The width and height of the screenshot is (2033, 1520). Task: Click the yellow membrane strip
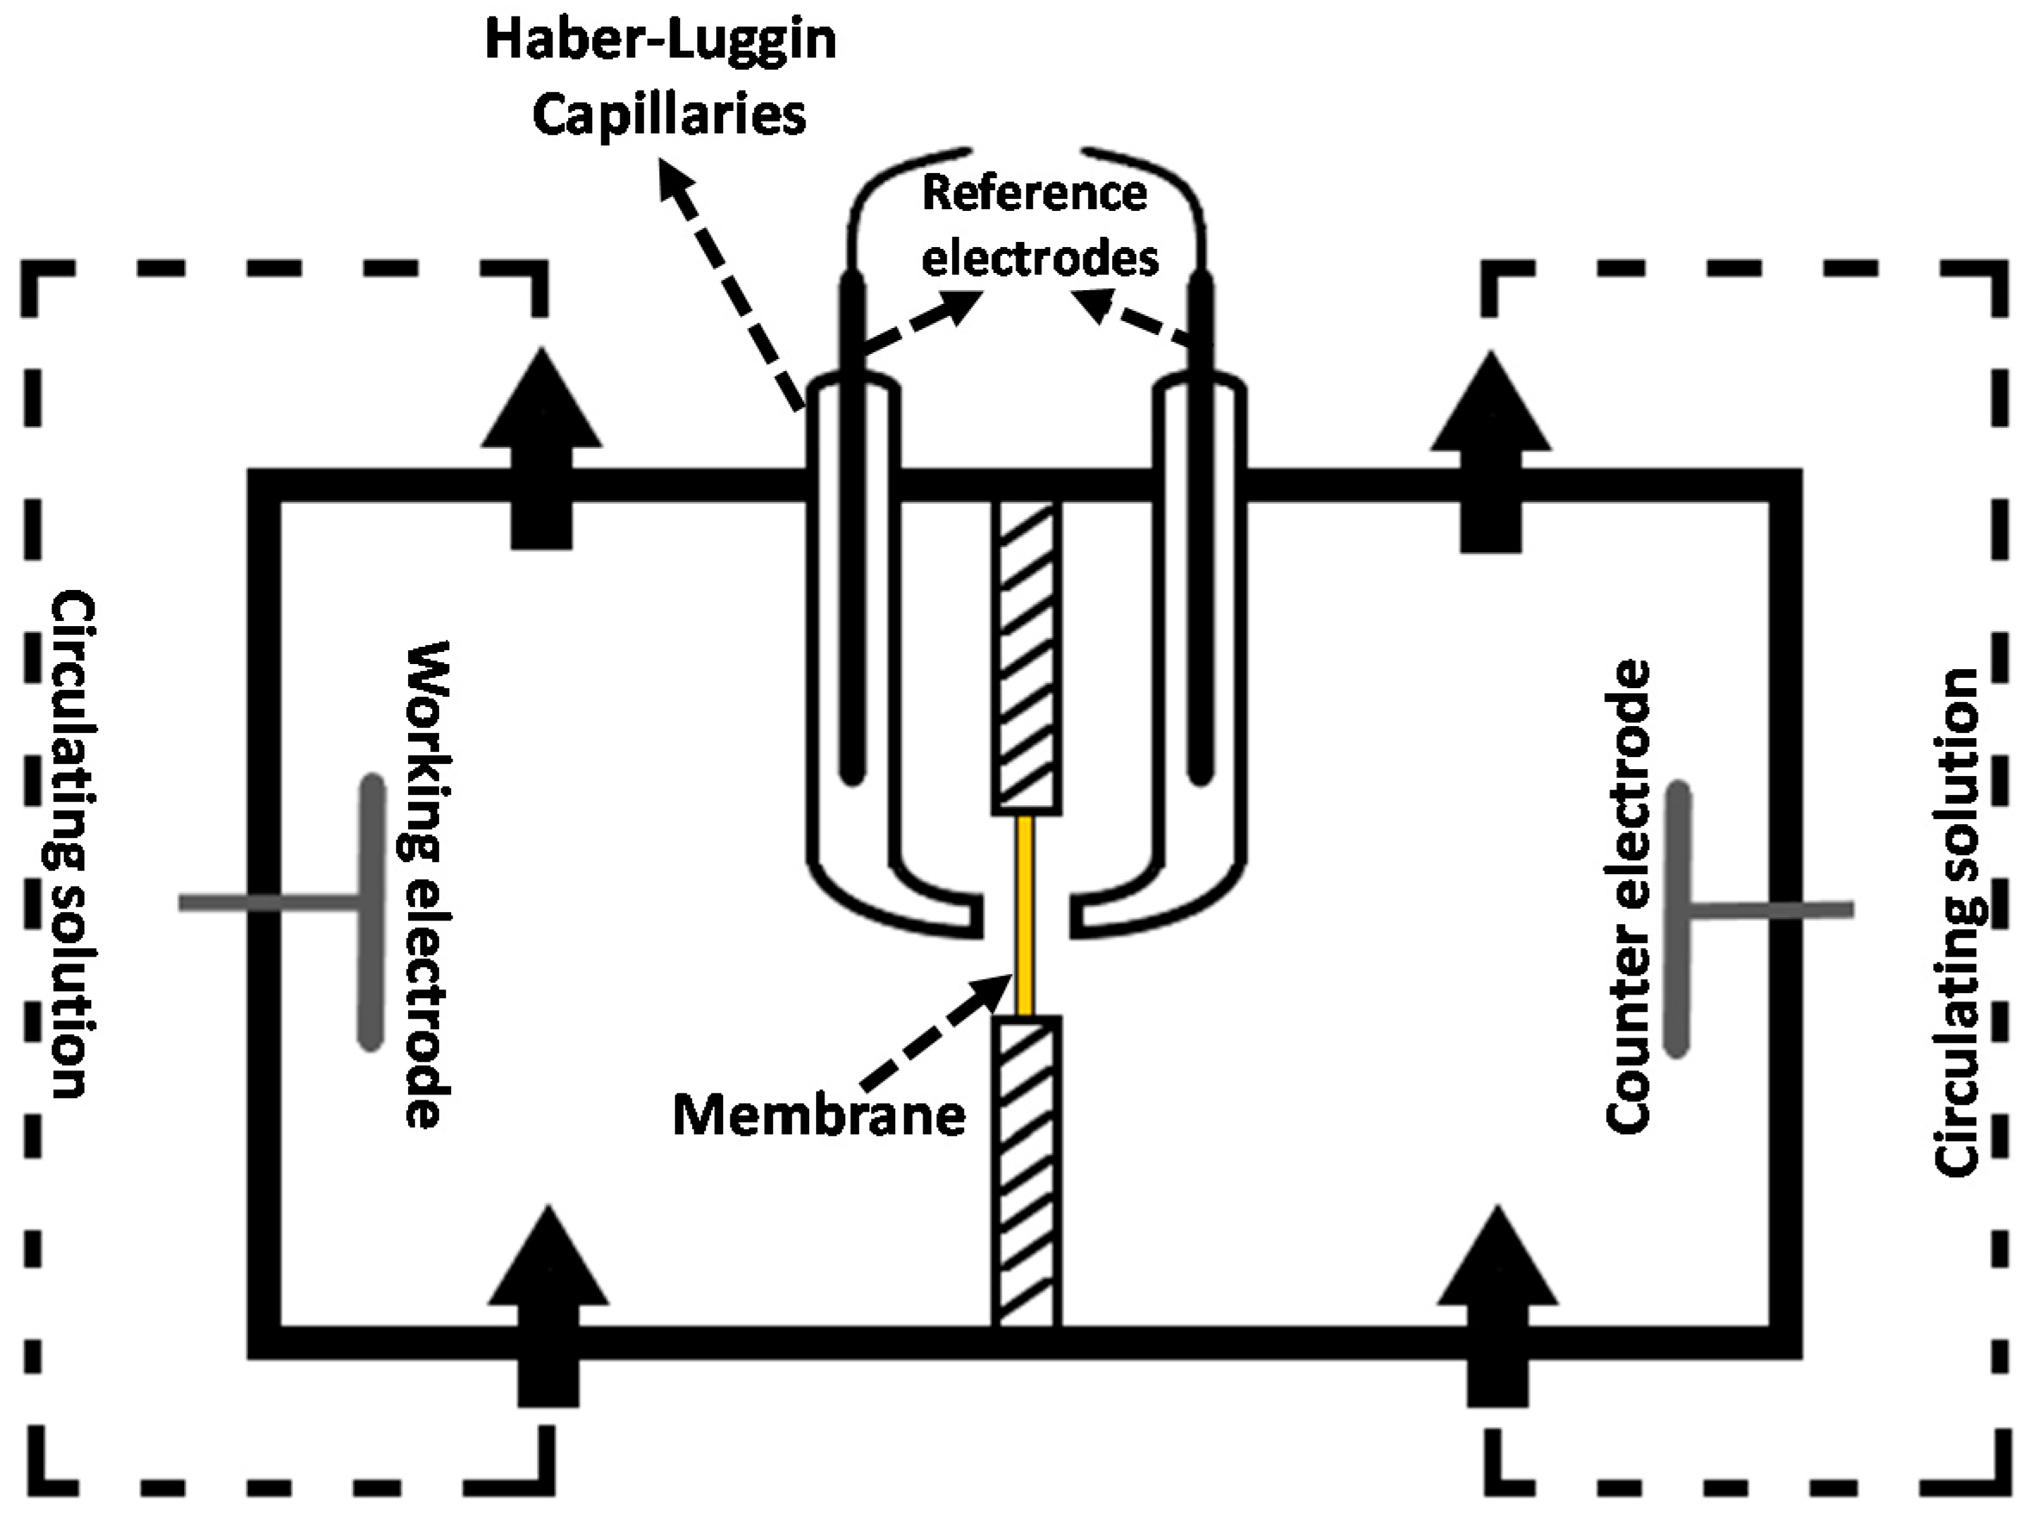[x=1025, y=915]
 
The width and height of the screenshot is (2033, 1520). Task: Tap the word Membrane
[x=819, y=1115]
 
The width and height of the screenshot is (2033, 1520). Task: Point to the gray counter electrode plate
[x=1678, y=919]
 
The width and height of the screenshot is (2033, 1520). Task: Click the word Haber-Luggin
[x=661, y=41]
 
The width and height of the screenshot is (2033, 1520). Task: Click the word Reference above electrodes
[x=1035, y=193]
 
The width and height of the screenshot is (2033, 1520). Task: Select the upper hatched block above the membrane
[x=1027, y=657]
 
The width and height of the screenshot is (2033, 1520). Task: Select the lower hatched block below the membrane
[x=1027, y=1171]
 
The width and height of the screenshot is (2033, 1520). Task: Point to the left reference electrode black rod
[x=852, y=533]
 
